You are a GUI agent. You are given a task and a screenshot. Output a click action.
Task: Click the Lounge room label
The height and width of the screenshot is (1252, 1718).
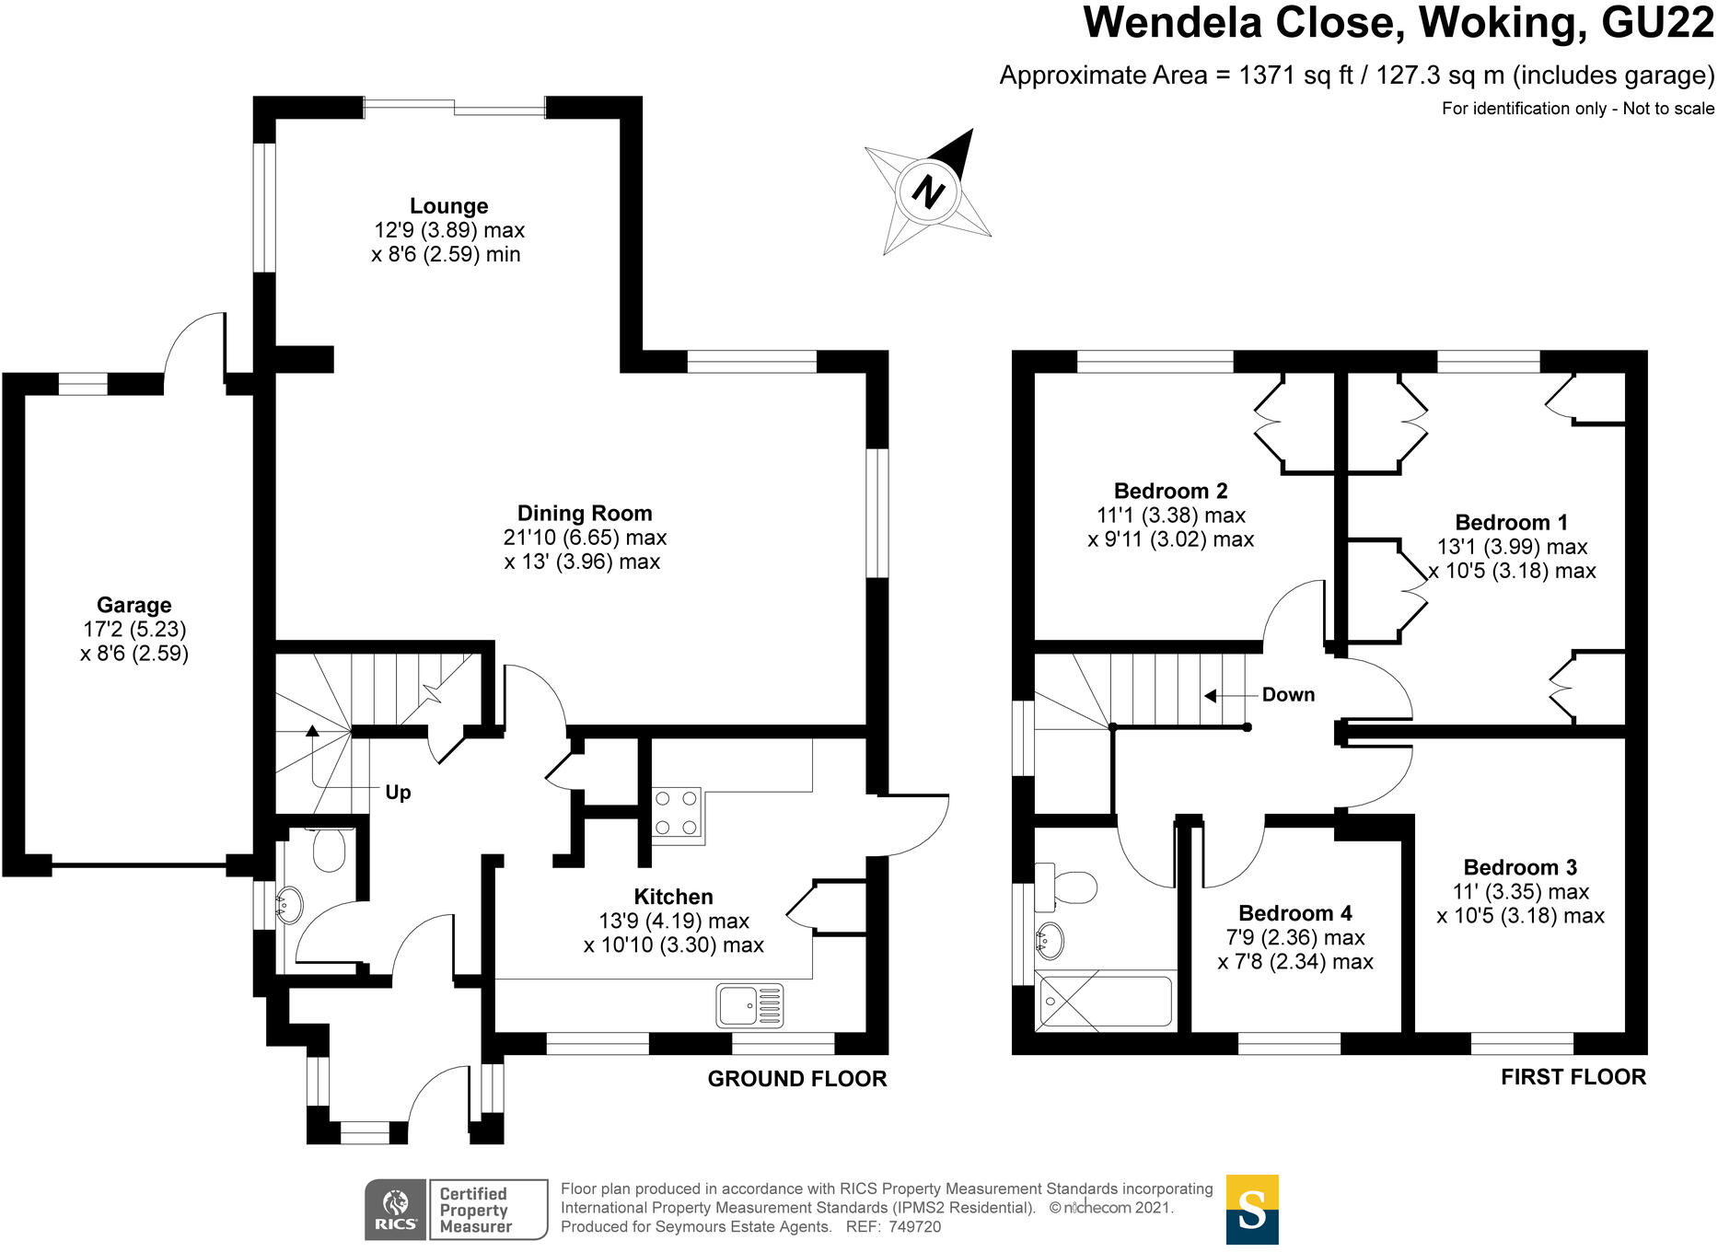click(448, 206)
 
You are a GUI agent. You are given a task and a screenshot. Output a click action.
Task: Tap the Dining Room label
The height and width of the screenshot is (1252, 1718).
click(585, 514)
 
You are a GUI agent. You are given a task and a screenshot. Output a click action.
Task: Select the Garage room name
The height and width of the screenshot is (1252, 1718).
click(134, 606)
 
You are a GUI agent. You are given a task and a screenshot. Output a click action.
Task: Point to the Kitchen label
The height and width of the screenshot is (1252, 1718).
click(673, 897)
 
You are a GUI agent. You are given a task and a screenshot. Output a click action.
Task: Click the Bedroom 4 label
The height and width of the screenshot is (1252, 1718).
click(1295, 913)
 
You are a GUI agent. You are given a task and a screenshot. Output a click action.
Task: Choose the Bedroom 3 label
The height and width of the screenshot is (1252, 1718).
click(1520, 867)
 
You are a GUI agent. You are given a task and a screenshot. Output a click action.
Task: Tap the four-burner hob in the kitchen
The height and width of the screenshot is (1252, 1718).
click(676, 814)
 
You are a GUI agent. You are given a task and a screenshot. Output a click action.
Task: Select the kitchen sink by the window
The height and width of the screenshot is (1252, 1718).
click(749, 1004)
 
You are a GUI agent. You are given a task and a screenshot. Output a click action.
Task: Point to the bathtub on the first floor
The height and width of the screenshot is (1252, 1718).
click(1105, 1001)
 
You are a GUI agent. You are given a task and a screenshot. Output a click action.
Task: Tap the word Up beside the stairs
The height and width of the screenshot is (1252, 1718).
click(398, 793)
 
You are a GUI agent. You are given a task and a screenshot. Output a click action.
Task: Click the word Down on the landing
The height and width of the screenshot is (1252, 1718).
click(1288, 695)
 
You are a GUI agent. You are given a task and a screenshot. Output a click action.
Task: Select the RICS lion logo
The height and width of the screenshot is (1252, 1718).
click(396, 1210)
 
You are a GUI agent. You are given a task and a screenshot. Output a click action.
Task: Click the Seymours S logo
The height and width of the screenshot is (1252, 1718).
click(1252, 1210)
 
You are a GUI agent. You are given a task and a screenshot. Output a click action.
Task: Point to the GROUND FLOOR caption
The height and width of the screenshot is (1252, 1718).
click(797, 1079)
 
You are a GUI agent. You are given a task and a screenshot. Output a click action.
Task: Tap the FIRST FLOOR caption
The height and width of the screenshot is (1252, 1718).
click(1573, 1077)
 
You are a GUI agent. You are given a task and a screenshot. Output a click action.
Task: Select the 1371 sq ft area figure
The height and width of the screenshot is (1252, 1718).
click(1296, 75)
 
